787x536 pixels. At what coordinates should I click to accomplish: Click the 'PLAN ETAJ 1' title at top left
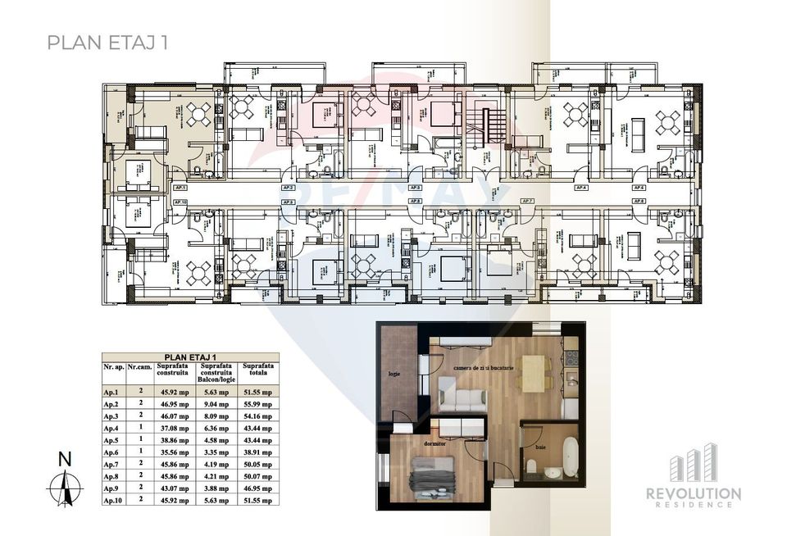[x=108, y=43]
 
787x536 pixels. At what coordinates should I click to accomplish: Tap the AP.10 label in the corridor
[x=181, y=201]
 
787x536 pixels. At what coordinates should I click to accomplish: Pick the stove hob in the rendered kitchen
[x=571, y=358]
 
